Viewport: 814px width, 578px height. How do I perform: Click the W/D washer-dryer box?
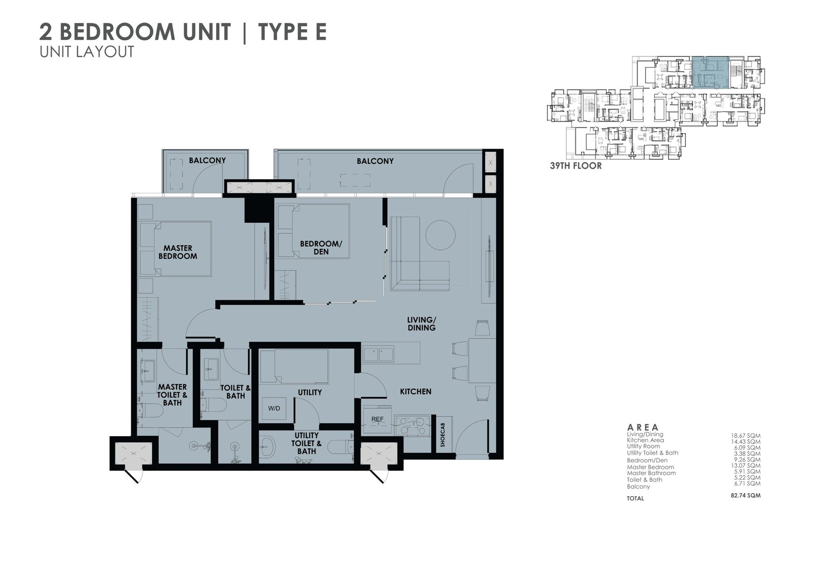point(274,408)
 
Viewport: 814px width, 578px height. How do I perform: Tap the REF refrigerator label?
point(377,419)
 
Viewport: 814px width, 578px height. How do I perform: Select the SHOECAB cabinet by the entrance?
point(443,435)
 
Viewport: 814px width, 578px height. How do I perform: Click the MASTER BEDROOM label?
point(178,252)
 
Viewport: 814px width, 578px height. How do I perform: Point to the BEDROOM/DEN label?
point(321,248)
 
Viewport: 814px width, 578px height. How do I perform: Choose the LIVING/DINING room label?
point(422,324)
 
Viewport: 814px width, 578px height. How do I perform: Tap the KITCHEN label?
point(416,391)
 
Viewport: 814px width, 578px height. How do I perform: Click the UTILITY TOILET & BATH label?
point(306,443)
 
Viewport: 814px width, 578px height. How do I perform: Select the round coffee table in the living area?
point(440,235)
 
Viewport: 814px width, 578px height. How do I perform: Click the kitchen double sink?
point(378,354)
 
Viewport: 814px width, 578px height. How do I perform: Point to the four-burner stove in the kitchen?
point(412,426)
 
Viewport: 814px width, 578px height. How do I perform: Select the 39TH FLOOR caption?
point(575,166)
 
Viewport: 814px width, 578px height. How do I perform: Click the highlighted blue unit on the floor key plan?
point(710,73)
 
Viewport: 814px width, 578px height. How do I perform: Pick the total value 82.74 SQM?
point(745,495)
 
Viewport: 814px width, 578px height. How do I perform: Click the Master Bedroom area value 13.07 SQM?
point(746,466)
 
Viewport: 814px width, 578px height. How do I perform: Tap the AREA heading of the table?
point(643,427)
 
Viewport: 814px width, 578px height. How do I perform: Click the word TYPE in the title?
point(282,32)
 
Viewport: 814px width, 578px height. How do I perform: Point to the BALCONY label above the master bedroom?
point(207,160)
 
